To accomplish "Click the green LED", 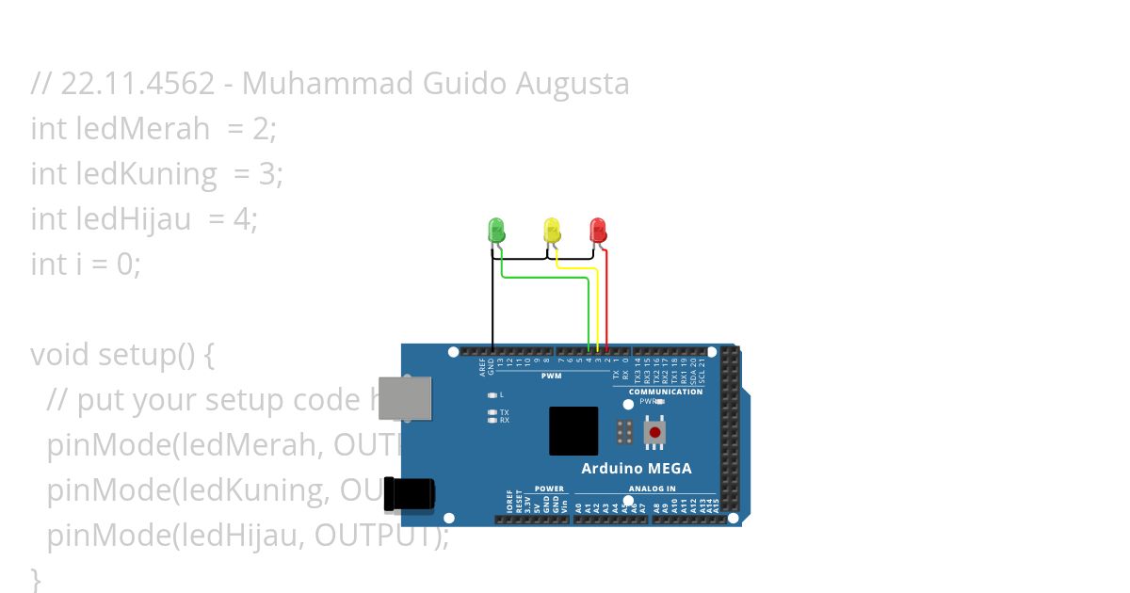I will pos(496,229).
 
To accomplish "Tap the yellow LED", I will pos(552,229).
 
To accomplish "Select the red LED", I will pos(597,229).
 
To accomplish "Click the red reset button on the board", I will pos(654,432).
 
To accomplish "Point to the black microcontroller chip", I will pos(573,431).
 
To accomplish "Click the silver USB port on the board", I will pos(405,398).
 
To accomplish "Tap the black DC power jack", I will pos(411,494).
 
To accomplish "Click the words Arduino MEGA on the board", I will pos(636,468).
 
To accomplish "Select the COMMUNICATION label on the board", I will pos(666,392).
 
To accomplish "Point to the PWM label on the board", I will pos(551,377).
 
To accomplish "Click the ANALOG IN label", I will pos(652,489).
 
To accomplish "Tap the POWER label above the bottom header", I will pos(549,489).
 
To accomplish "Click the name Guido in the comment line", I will pos(466,84).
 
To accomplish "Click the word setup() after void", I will pos(156,355).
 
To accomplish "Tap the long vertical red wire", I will pos(607,301).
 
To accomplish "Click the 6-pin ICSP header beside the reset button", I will pos(623,432).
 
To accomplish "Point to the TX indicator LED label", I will pos(504,412).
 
